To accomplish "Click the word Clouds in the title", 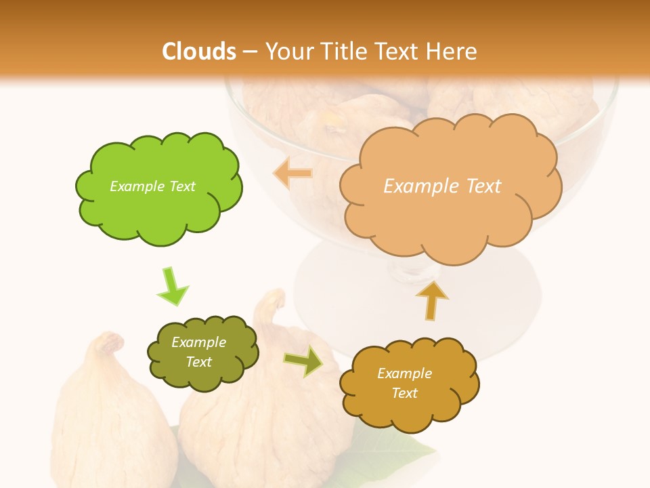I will (199, 51).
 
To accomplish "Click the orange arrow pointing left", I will (293, 174).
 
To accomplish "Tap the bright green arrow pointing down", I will (171, 286).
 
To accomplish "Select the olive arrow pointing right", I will (303, 361).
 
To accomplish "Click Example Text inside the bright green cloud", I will (152, 186).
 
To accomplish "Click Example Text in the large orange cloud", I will (442, 186).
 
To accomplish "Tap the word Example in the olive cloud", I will (198, 342).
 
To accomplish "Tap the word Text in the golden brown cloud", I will (404, 393).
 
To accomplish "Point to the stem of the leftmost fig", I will (108, 342).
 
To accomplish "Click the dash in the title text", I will (249, 52).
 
